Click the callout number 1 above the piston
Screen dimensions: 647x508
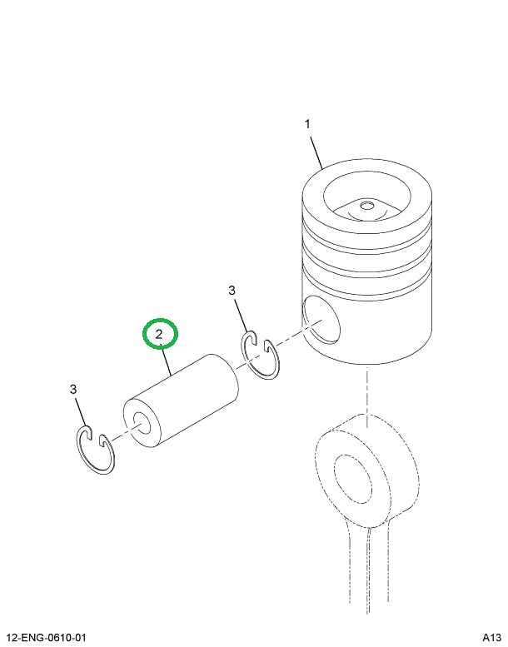click(307, 124)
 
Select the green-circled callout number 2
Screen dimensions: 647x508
click(159, 335)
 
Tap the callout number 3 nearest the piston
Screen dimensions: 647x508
click(232, 290)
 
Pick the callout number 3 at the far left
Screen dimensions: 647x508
click(73, 389)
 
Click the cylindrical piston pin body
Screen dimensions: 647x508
click(187, 400)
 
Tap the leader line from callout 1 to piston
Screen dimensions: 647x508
click(316, 152)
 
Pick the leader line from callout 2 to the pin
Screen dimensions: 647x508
click(168, 360)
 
